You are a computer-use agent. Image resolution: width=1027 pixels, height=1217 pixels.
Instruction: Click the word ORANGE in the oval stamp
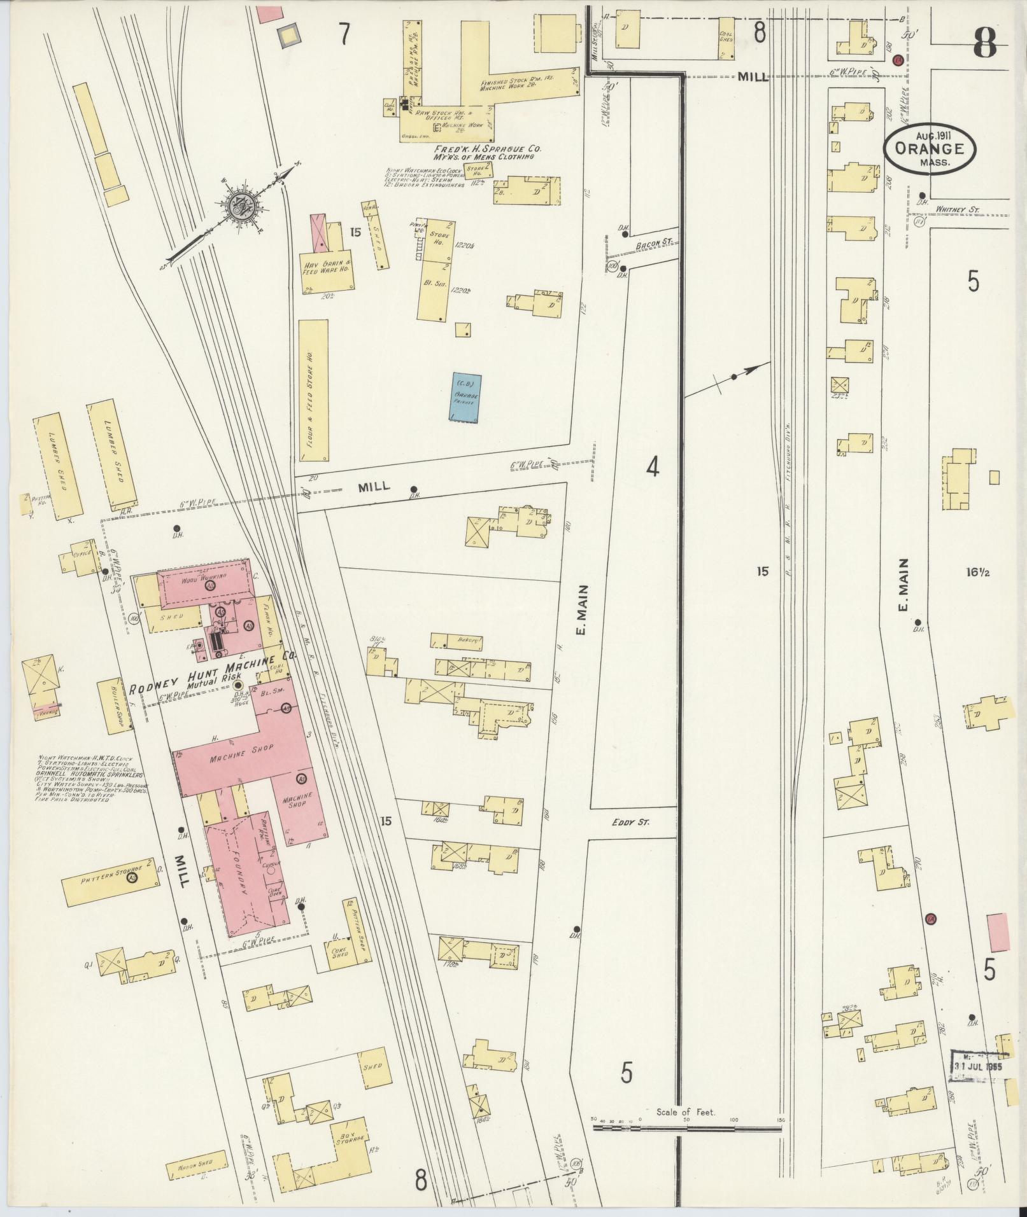click(x=928, y=148)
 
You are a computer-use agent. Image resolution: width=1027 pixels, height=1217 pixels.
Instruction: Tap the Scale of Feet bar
click(x=686, y=683)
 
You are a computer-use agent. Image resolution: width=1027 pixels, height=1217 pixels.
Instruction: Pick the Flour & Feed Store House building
click(x=313, y=390)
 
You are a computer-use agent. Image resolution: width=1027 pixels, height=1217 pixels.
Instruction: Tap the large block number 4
click(x=653, y=468)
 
